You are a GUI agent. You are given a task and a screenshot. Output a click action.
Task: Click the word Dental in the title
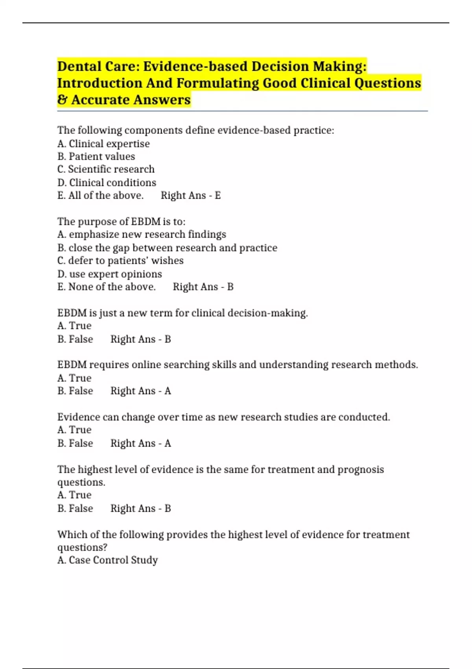click(79, 67)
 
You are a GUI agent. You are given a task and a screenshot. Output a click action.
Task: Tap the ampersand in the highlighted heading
click(62, 100)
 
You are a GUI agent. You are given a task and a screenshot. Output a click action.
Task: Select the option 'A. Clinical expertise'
click(103, 144)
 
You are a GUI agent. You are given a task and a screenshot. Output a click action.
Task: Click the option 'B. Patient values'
click(96, 157)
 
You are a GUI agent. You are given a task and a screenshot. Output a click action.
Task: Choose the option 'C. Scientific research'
click(106, 169)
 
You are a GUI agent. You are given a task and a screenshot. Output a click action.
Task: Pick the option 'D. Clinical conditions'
click(107, 183)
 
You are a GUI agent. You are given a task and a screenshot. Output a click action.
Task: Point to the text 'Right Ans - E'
click(191, 196)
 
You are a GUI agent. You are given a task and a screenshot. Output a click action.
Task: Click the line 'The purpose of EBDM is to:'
click(121, 222)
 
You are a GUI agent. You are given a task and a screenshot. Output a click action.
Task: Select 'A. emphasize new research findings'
click(142, 235)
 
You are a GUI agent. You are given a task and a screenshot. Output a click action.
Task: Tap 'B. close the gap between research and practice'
click(167, 248)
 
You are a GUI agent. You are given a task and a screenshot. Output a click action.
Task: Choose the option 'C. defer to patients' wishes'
click(120, 261)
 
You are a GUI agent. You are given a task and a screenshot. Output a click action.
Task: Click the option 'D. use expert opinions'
click(109, 274)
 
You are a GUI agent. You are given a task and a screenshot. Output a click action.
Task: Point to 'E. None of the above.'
click(106, 287)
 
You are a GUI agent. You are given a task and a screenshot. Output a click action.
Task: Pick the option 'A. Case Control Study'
click(107, 560)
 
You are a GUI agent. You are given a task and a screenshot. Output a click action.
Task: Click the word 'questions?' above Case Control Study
click(82, 547)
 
